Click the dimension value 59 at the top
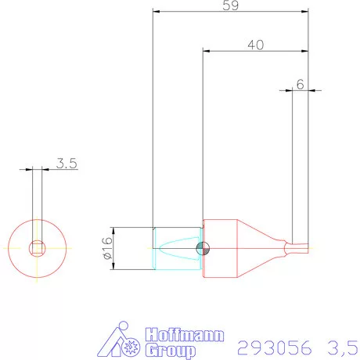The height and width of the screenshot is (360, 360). (x=229, y=5)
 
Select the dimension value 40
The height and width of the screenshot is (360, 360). (x=254, y=45)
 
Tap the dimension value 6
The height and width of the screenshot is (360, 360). (x=300, y=83)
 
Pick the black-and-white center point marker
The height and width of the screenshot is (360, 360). (x=203, y=249)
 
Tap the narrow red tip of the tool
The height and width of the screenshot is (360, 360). (x=299, y=249)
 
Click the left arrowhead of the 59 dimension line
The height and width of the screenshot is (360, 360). (x=157, y=13)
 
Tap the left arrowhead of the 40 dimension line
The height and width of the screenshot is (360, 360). (x=207, y=52)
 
